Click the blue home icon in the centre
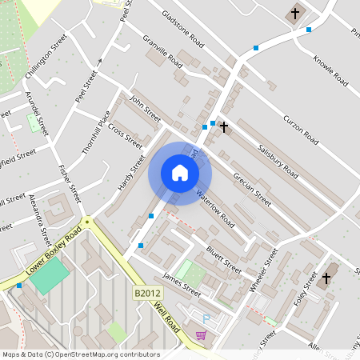coord(180,173)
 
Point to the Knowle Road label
coord(330,70)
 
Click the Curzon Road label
coord(301,130)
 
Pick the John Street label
coord(146,110)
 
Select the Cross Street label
coord(125,135)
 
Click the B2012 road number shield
coord(144,294)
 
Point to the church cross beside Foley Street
coord(325,280)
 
